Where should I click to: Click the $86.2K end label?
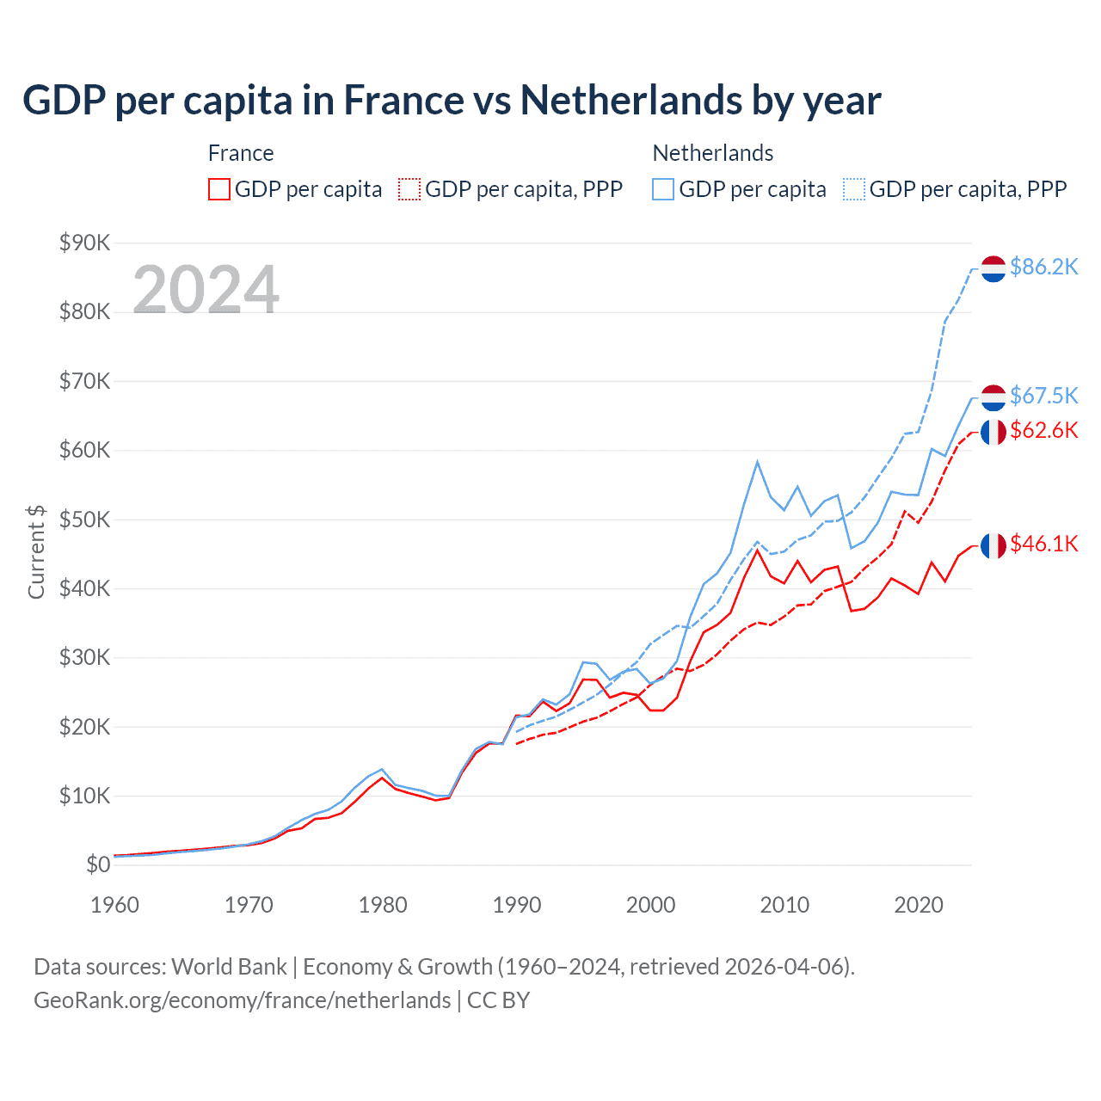tap(1043, 268)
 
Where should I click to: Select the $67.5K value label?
tap(1043, 396)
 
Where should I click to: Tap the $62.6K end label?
tap(1043, 430)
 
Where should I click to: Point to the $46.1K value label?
tap(1043, 544)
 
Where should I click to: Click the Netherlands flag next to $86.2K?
tap(993, 268)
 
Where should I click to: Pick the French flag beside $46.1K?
tap(993, 545)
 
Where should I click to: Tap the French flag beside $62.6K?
tap(993, 432)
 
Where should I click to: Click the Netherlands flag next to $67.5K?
tap(993, 397)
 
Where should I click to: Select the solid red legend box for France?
tap(219, 189)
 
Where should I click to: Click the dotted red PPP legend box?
tap(409, 189)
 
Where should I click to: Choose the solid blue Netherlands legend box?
tap(663, 189)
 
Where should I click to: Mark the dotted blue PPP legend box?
tap(854, 189)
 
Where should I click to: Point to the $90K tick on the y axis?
tap(84, 243)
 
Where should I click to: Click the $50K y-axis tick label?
tap(84, 520)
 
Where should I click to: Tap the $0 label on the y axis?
tap(97, 865)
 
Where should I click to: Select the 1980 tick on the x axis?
tap(383, 905)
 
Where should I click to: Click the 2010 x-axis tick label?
tap(784, 905)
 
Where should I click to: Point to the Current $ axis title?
tap(36, 551)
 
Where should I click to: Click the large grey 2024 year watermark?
tap(206, 290)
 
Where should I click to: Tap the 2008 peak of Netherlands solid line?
tap(757, 462)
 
